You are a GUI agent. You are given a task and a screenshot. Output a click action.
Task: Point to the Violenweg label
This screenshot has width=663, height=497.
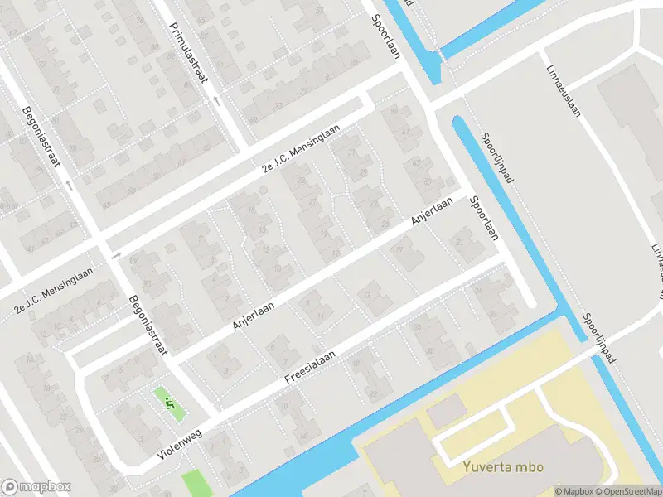pyautogui.click(x=180, y=445)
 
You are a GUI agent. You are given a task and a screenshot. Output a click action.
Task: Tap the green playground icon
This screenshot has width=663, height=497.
pyautogui.click(x=168, y=404)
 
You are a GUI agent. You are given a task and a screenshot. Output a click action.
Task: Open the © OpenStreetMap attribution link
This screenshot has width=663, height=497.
pyautogui.click(x=627, y=491)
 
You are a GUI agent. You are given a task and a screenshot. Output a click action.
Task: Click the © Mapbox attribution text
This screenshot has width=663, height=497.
pyautogui.click(x=573, y=491)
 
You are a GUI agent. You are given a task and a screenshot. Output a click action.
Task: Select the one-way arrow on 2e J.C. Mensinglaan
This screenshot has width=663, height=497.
pyautogui.click(x=116, y=254)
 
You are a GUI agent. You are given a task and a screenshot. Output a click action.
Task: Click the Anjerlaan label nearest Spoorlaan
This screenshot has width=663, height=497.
pyautogui.click(x=433, y=211)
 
